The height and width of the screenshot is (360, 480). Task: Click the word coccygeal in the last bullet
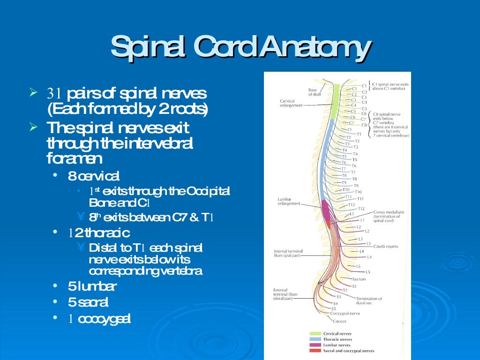pos(104,319)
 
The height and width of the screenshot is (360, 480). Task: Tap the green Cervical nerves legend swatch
pos(315,334)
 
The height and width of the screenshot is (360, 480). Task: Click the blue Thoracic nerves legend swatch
pos(315,339)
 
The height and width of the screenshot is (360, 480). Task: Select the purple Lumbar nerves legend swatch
pos(315,345)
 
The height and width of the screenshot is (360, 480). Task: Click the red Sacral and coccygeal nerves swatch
pos(315,351)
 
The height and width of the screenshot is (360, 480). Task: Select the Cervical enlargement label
pos(290,103)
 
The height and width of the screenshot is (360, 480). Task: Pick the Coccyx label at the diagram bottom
pos(339,322)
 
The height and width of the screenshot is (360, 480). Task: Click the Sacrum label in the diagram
pos(359,279)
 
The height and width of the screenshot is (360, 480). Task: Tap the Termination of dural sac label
pos(369,301)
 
